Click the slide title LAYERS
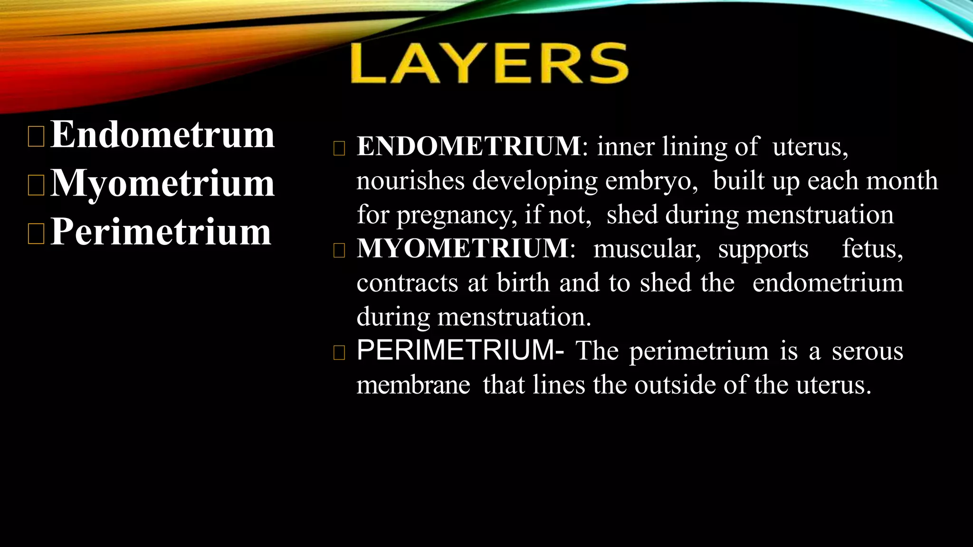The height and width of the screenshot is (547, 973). (489, 64)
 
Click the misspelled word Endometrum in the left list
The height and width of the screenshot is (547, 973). (162, 135)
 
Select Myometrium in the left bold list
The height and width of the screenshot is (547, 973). (162, 184)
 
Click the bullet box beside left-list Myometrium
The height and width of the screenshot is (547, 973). (36, 185)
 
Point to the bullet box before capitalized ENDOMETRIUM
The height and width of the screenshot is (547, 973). (339, 149)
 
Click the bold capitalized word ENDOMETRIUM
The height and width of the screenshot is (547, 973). (468, 146)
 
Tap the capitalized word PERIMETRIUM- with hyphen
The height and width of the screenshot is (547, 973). (460, 350)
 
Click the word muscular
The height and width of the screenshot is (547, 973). (647, 249)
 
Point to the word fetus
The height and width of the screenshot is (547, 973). (872, 249)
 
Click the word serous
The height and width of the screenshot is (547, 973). (867, 351)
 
